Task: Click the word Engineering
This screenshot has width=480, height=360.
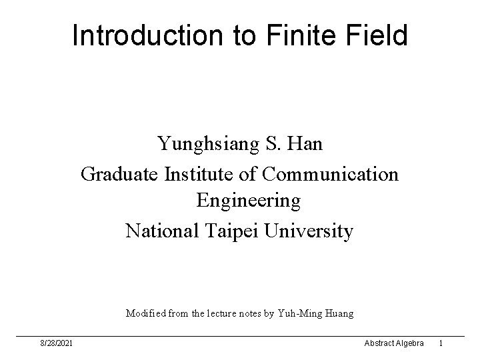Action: pos(248,200)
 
